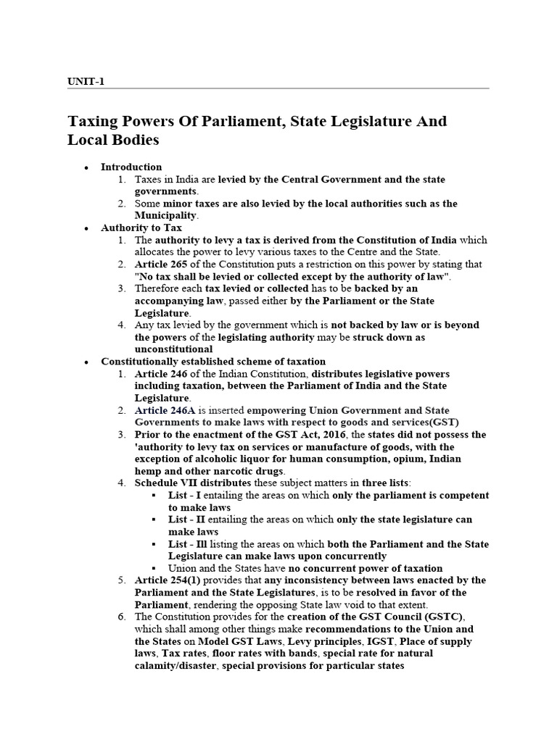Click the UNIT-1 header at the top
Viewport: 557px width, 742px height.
click(x=86, y=81)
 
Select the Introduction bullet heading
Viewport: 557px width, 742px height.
click(x=131, y=167)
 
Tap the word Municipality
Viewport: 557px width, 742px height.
click(x=165, y=215)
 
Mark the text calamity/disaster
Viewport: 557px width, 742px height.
click(x=176, y=665)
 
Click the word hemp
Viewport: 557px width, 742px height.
click(x=148, y=471)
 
